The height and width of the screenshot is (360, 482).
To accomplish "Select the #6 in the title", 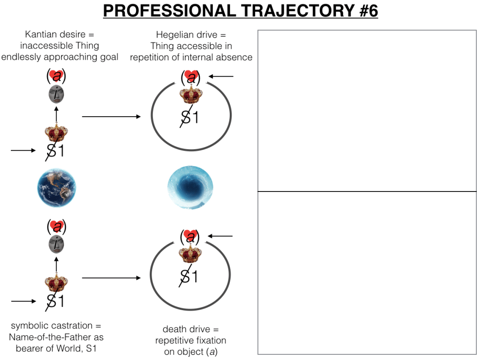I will coord(361,11).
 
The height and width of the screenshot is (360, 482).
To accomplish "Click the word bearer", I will coord(29,348).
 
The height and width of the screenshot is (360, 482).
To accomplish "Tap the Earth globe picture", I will coord(56,187).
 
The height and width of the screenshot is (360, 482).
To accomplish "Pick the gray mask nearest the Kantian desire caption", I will coord(56,95).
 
